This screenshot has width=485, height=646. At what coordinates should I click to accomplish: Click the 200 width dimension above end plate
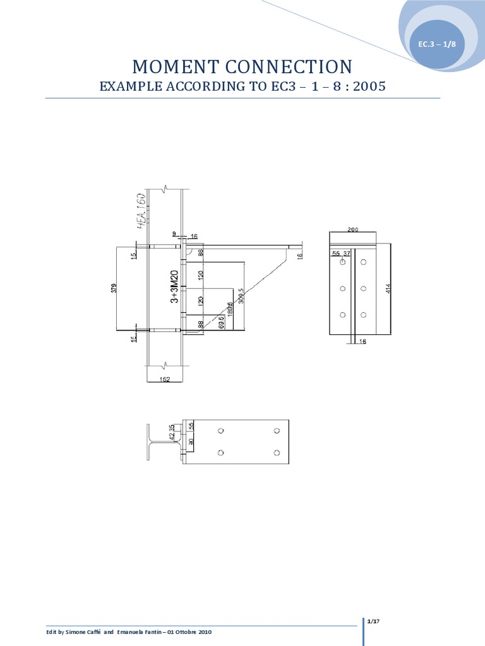pos(353,230)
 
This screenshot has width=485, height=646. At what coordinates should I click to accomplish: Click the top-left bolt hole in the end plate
pos(342,262)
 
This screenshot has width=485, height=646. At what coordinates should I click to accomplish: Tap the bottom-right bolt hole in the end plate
pos(363,315)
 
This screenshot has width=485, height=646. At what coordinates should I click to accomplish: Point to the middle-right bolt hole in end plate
pos(363,288)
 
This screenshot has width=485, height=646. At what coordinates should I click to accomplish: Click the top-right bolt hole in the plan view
pos(277,431)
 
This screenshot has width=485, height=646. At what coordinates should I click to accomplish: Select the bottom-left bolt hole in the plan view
pos(220,452)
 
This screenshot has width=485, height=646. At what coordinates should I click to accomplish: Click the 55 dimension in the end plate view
pos(336,253)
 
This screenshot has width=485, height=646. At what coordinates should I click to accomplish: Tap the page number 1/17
pos(373,622)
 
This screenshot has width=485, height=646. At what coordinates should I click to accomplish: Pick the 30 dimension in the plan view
pos(191,443)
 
